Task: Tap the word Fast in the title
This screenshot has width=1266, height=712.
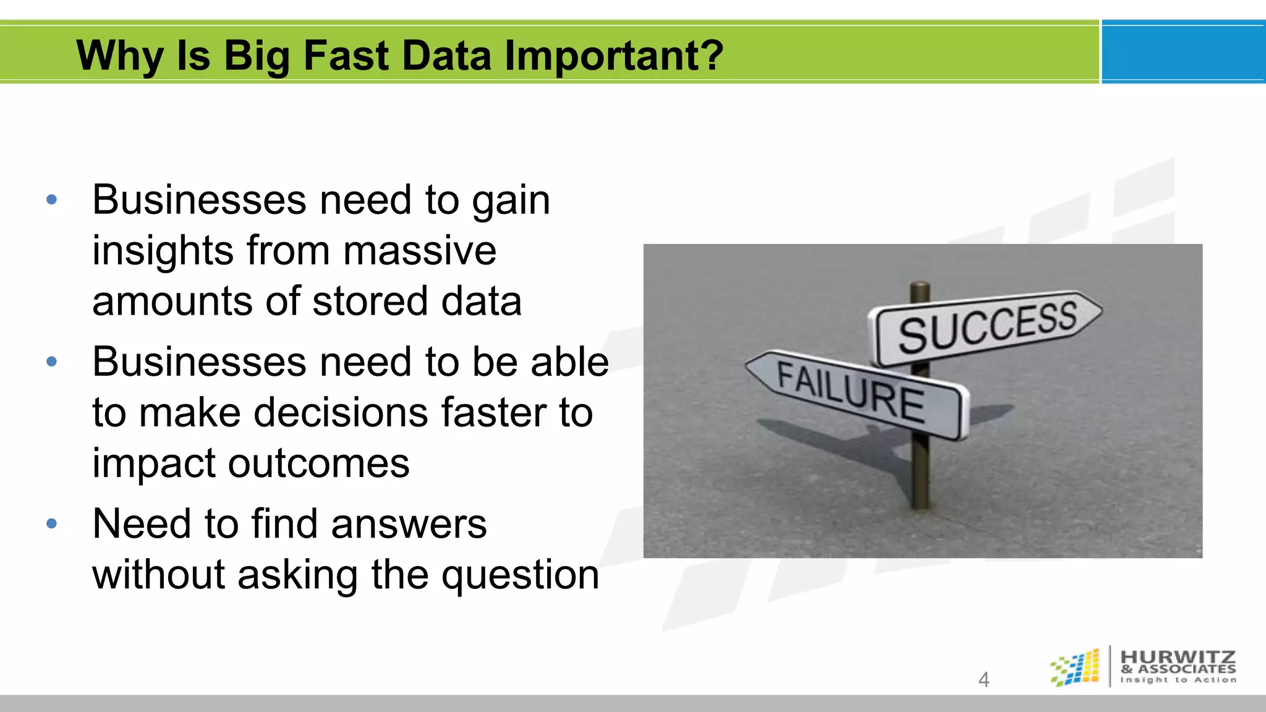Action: (x=347, y=56)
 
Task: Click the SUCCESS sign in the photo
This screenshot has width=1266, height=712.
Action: (x=987, y=326)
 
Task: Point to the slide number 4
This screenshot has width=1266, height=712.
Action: (x=983, y=679)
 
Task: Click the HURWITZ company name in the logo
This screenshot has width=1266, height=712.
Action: (x=1178, y=657)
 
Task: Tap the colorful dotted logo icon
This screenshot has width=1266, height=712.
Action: (x=1076, y=667)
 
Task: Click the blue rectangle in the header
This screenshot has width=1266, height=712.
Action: (x=1183, y=52)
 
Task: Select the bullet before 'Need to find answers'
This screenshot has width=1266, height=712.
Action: (x=52, y=524)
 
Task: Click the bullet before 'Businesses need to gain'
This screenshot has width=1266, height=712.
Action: (x=52, y=200)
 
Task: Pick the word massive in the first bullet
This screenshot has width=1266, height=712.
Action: (x=420, y=251)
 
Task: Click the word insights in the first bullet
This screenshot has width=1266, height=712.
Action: (x=163, y=251)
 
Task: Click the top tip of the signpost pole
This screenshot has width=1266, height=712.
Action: (x=920, y=286)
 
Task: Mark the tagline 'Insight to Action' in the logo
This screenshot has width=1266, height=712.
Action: (x=1178, y=680)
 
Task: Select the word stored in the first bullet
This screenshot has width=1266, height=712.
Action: (x=370, y=302)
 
